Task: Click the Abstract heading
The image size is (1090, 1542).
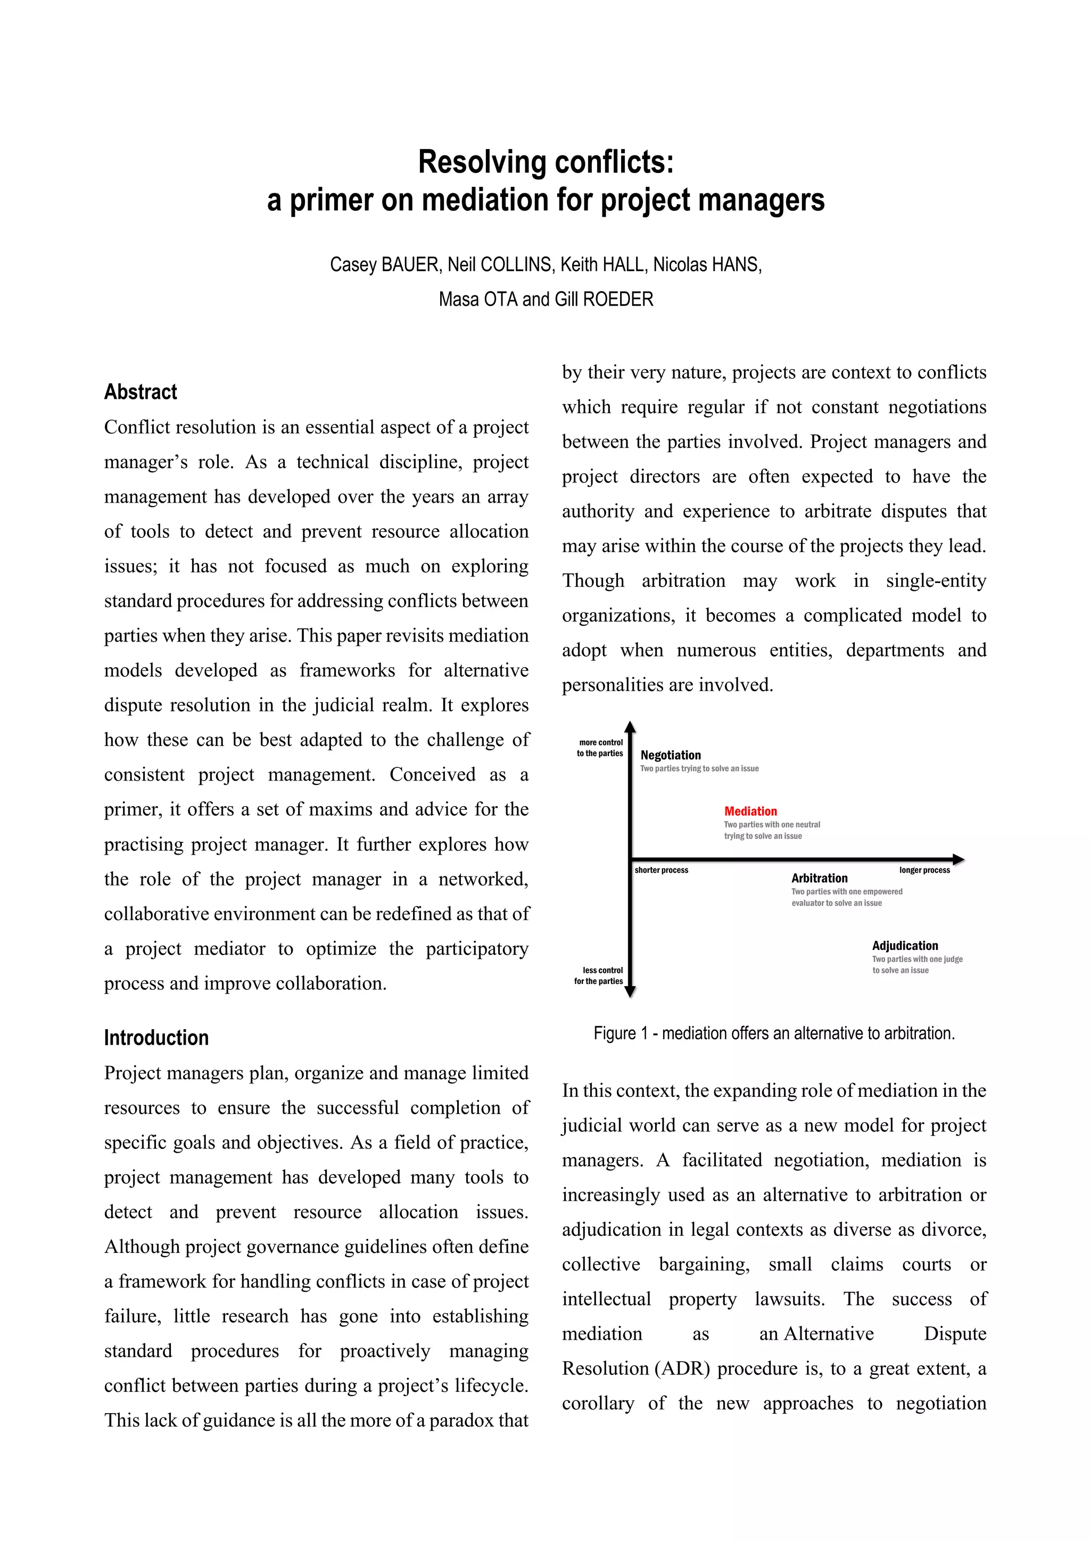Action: (x=141, y=392)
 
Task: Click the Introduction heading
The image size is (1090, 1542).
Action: (x=156, y=1038)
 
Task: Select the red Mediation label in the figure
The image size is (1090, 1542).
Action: (x=750, y=811)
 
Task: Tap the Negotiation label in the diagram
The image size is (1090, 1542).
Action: (x=671, y=755)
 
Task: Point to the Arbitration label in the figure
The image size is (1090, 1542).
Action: (x=819, y=878)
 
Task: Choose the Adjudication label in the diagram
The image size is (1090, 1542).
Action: (x=905, y=946)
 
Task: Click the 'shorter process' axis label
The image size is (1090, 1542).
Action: (x=661, y=871)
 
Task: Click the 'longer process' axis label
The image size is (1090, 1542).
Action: (x=924, y=871)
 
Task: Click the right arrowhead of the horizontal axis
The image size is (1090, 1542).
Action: (x=958, y=859)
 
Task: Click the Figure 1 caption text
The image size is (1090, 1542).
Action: (x=774, y=1033)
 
